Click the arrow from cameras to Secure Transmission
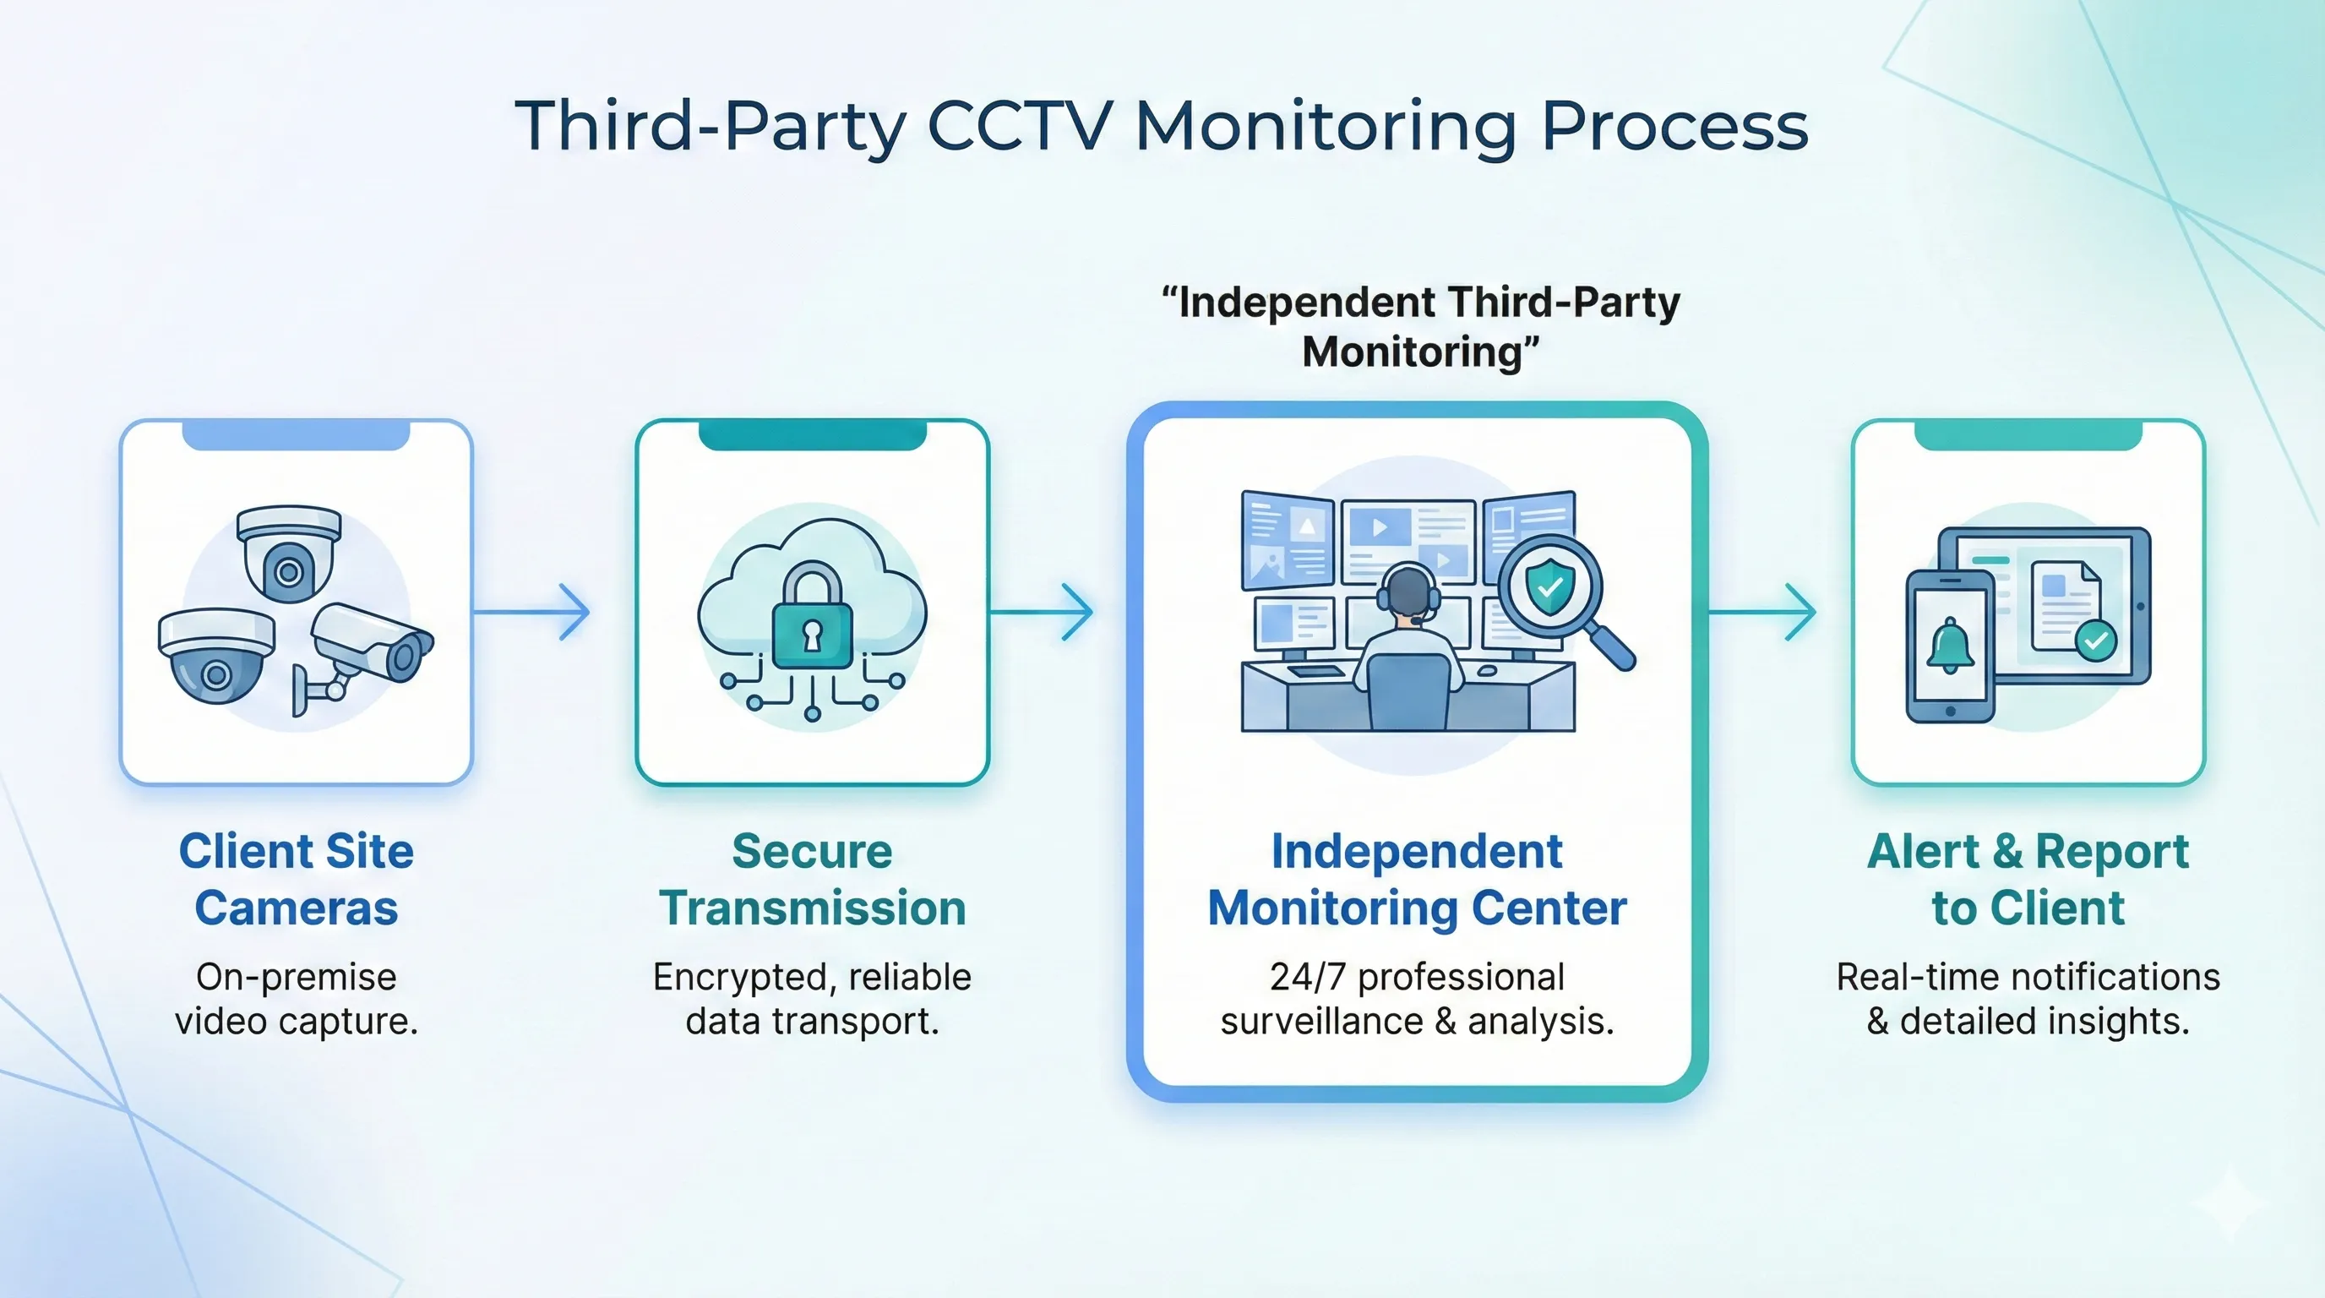click(532, 612)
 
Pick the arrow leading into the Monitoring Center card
click(1042, 612)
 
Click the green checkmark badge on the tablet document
click(2095, 641)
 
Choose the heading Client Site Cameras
click(296, 879)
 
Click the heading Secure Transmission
click(812, 879)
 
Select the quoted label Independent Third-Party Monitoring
click(1421, 327)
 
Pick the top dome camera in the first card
click(289, 552)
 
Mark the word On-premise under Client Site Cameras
click(296, 977)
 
